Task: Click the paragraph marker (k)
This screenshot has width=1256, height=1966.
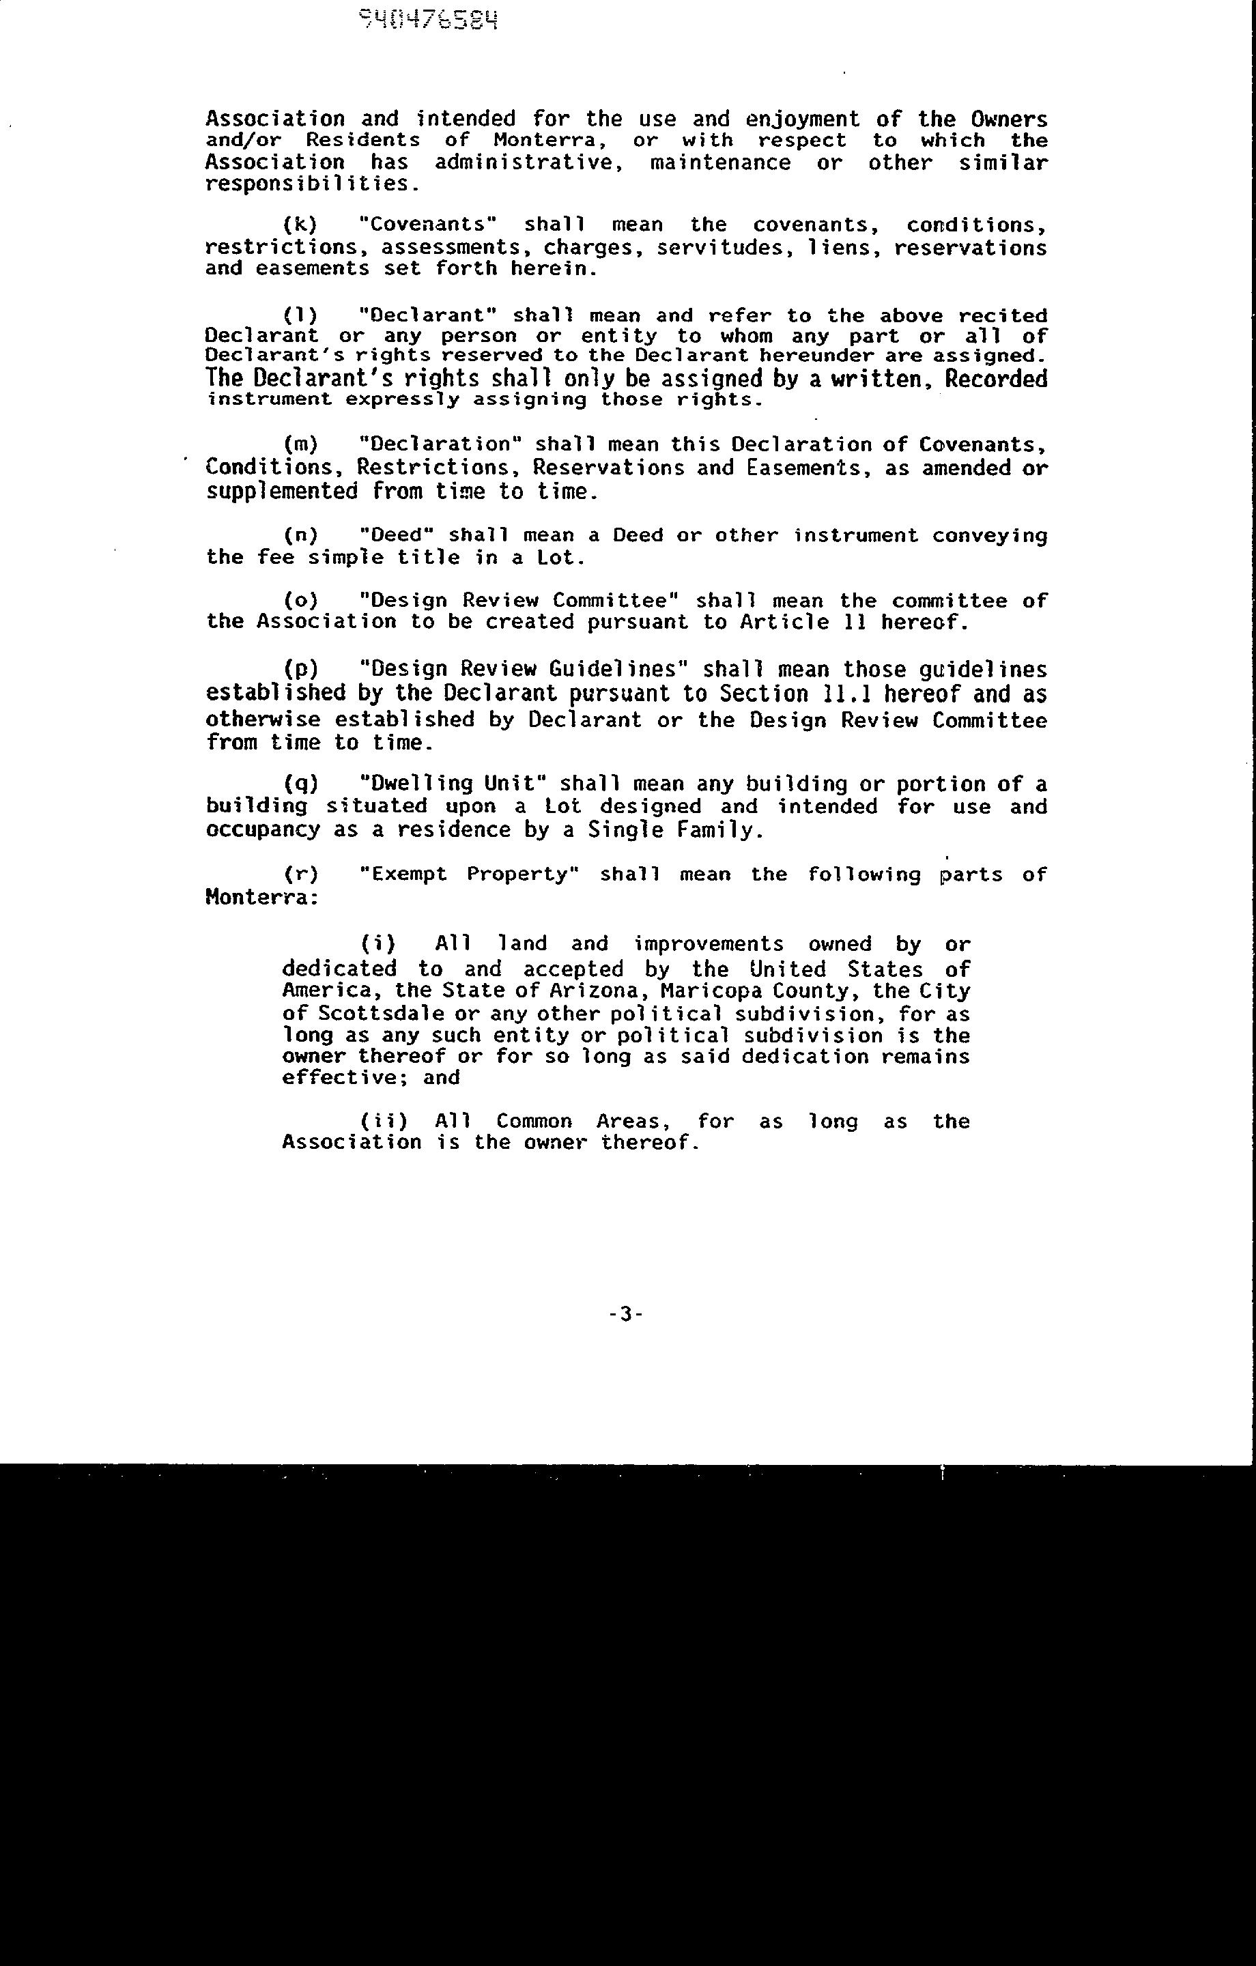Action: pyautogui.click(x=300, y=225)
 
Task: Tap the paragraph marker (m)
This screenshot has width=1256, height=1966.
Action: pyautogui.click(x=300, y=444)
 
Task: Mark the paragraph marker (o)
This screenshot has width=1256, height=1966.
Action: pyautogui.click(x=300, y=600)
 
